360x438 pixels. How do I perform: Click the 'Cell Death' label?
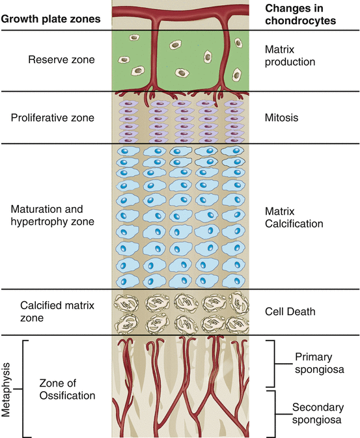pyautogui.click(x=290, y=312)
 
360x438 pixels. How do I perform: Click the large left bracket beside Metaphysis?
pyautogui.click(x=25, y=389)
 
